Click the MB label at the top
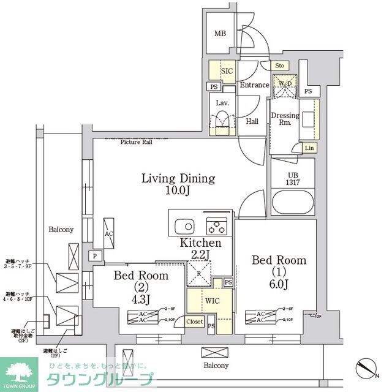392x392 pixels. (x=219, y=34)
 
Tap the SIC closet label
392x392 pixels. (x=227, y=71)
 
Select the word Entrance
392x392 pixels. (x=254, y=85)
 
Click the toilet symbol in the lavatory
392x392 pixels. (x=222, y=121)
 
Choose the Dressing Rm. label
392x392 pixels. (x=285, y=119)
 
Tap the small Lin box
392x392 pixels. (x=309, y=148)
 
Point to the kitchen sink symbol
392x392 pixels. (x=184, y=224)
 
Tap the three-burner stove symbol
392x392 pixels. (x=216, y=226)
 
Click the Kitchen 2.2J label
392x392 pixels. (x=200, y=248)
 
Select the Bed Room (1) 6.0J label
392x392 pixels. (x=279, y=273)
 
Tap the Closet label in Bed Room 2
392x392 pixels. (x=194, y=321)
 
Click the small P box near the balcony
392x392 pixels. (x=96, y=255)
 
